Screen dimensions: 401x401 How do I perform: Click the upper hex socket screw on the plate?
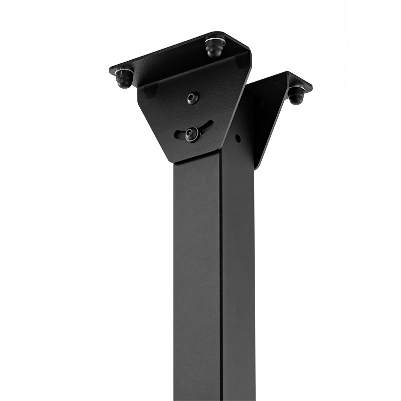(x=192, y=98)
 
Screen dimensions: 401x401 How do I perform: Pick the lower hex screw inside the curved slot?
(x=192, y=134)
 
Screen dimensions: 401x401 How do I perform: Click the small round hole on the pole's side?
(x=238, y=137)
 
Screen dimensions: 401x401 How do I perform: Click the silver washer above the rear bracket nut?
(x=296, y=89)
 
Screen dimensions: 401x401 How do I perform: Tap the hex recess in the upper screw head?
(x=192, y=98)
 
